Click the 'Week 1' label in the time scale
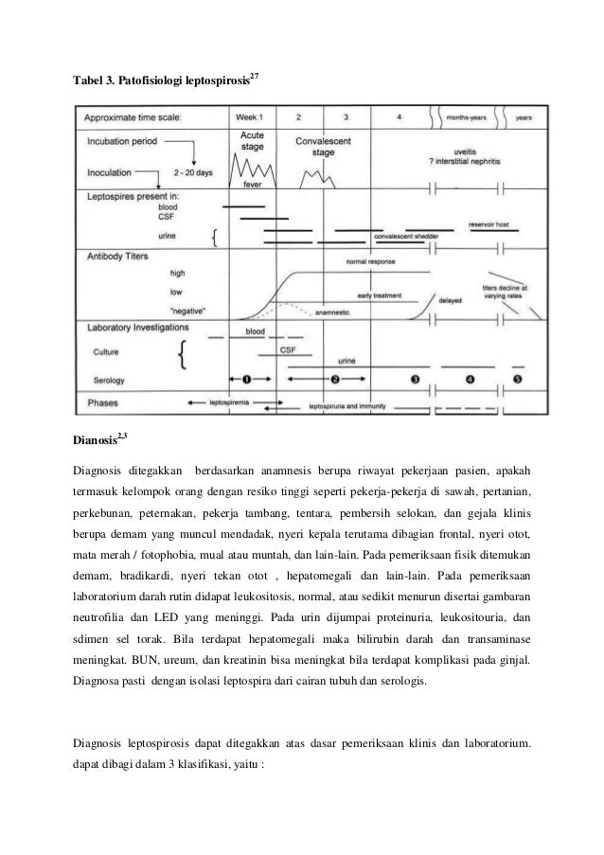248,118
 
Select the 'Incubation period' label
126,138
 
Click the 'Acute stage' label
251,142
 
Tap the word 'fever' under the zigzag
253,185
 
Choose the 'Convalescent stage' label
322,146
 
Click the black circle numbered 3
415,379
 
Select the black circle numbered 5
518,379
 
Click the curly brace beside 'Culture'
183,355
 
